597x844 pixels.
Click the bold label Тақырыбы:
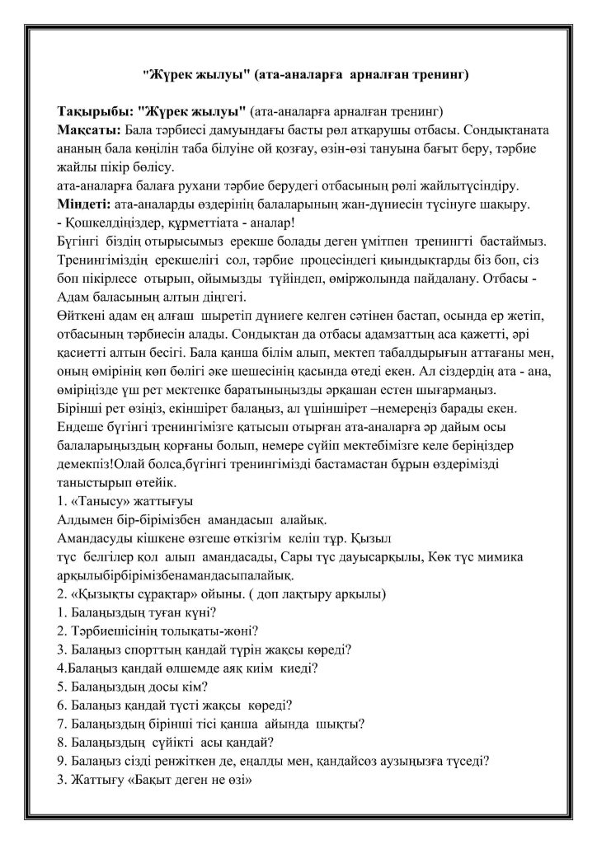(94, 111)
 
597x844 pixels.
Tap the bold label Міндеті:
(88, 204)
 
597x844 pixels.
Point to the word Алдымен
(87, 520)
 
